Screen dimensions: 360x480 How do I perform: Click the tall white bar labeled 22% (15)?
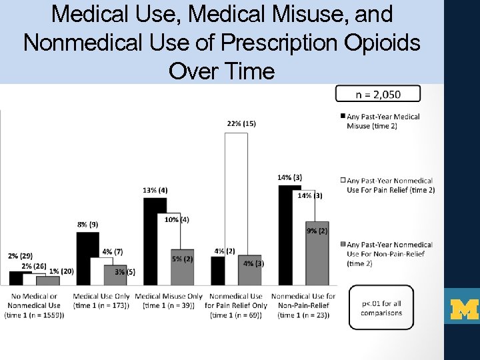click(x=236, y=193)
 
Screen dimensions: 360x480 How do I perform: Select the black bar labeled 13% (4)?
click(x=155, y=241)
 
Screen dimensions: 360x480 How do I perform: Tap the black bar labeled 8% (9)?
click(x=87, y=259)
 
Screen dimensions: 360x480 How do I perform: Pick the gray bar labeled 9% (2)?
click(x=317, y=253)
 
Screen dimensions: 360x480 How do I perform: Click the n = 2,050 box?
click(x=378, y=93)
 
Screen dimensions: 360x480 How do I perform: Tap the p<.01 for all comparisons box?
click(x=381, y=307)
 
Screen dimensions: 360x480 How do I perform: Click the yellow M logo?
click(x=463, y=307)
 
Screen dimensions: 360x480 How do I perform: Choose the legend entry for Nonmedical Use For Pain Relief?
click(x=387, y=185)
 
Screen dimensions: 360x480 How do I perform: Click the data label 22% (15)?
click(x=241, y=124)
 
